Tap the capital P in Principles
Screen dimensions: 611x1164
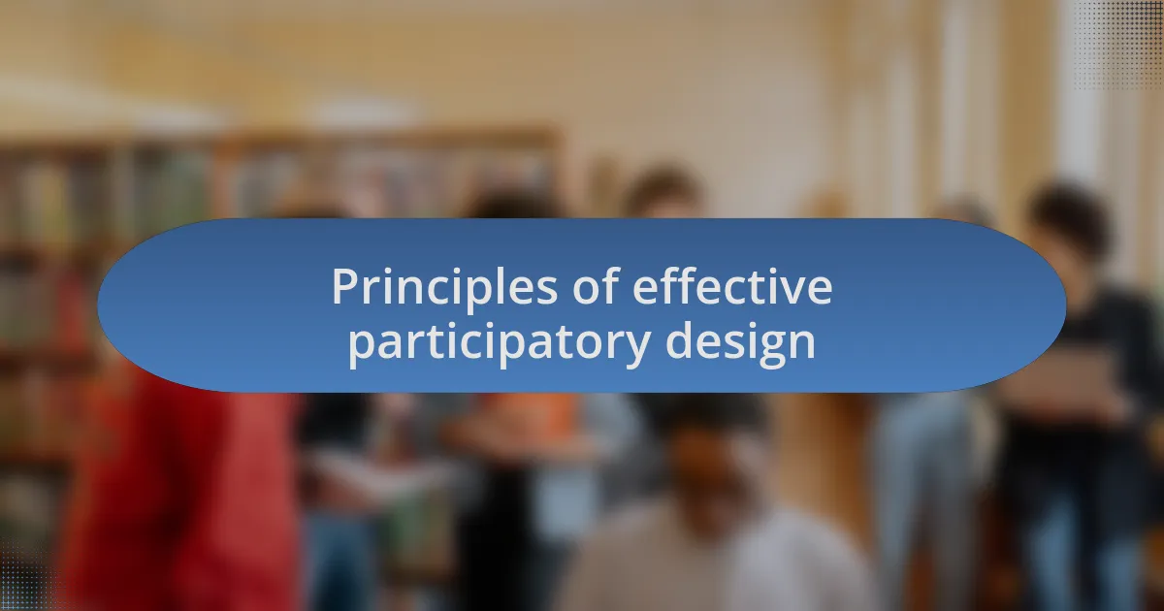(x=343, y=288)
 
